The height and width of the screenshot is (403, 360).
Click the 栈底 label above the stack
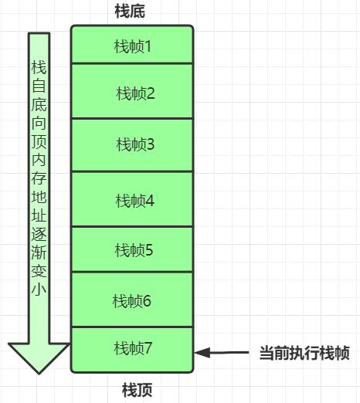[x=130, y=11]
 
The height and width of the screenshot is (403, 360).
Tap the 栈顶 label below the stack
[x=137, y=390]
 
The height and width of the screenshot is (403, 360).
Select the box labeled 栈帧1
[x=132, y=44]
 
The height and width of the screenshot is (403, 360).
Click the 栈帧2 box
[x=132, y=91]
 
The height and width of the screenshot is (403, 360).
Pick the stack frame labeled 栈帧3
[x=132, y=145]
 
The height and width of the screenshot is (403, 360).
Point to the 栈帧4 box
[x=132, y=199]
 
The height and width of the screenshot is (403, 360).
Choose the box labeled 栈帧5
[x=132, y=249]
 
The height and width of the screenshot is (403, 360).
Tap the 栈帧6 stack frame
[x=132, y=300]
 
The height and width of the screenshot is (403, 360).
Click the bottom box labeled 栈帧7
[x=132, y=350]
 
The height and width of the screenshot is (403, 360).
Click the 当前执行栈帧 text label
[x=304, y=353]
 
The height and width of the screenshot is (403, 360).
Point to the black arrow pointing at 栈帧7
[x=222, y=353]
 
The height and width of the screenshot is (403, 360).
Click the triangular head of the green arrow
[x=39, y=358]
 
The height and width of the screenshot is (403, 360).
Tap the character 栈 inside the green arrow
[x=39, y=67]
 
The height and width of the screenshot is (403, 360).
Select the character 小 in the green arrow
[x=39, y=290]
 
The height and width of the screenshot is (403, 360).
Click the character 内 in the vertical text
[x=39, y=160]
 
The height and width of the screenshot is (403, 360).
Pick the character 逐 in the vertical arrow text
[x=39, y=234]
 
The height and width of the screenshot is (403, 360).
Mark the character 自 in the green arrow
[x=39, y=86]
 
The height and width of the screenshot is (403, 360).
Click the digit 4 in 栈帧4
[x=150, y=201]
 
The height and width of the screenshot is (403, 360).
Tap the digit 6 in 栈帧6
[x=147, y=301]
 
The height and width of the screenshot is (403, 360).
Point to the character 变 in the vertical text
[x=39, y=271]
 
